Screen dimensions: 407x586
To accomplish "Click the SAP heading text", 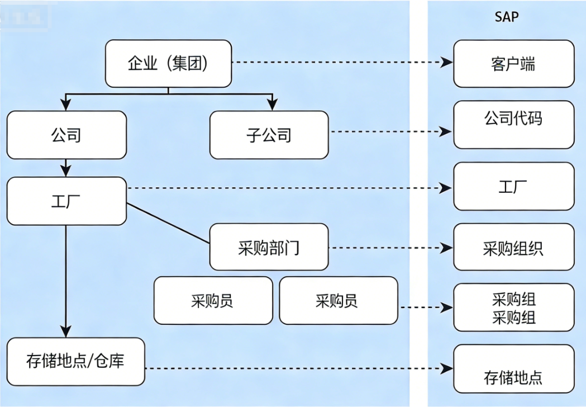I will click(x=507, y=17).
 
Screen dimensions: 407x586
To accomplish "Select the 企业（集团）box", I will click(x=168, y=63).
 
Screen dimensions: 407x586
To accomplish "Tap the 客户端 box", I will click(x=513, y=63).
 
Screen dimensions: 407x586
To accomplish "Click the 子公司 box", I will click(x=269, y=135).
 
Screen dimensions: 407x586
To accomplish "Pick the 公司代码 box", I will click(x=513, y=125).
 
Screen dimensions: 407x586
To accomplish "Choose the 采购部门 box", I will click(x=269, y=247).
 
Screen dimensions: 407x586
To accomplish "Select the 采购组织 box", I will click(x=513, y=247).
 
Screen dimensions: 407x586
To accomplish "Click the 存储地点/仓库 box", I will click(x=75, y=361).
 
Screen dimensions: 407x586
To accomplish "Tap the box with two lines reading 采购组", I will click(x=513, y=307).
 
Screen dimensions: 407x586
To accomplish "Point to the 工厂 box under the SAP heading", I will click(x=513, y=186).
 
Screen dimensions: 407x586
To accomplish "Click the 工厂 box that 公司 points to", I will click(x=66, y=201).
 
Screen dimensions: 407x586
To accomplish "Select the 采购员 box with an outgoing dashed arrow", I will click(x=338, y=301).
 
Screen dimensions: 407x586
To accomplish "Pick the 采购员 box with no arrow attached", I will click(x=213, y=301).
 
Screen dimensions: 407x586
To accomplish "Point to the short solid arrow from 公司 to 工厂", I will click(x=66, y=167).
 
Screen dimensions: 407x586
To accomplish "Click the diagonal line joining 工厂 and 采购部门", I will click(x=168, y=224).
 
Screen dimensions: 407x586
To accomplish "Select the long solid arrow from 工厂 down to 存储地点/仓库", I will click(x=66, y=280).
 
